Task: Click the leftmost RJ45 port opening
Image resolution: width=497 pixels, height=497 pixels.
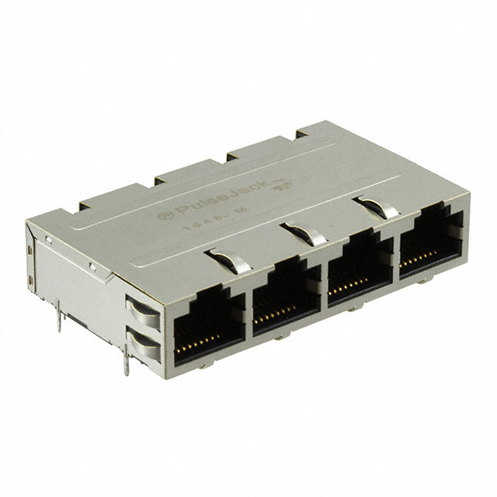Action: (207, 322)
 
